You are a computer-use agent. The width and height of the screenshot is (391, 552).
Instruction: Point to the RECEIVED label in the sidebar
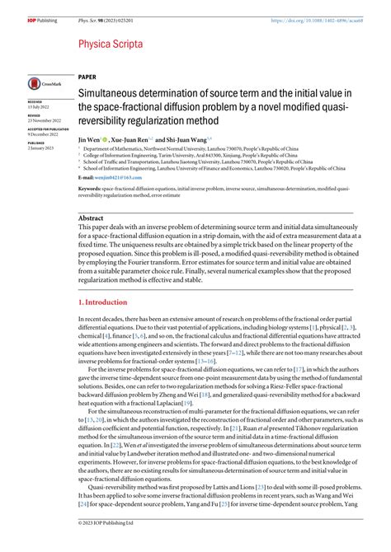38,104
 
